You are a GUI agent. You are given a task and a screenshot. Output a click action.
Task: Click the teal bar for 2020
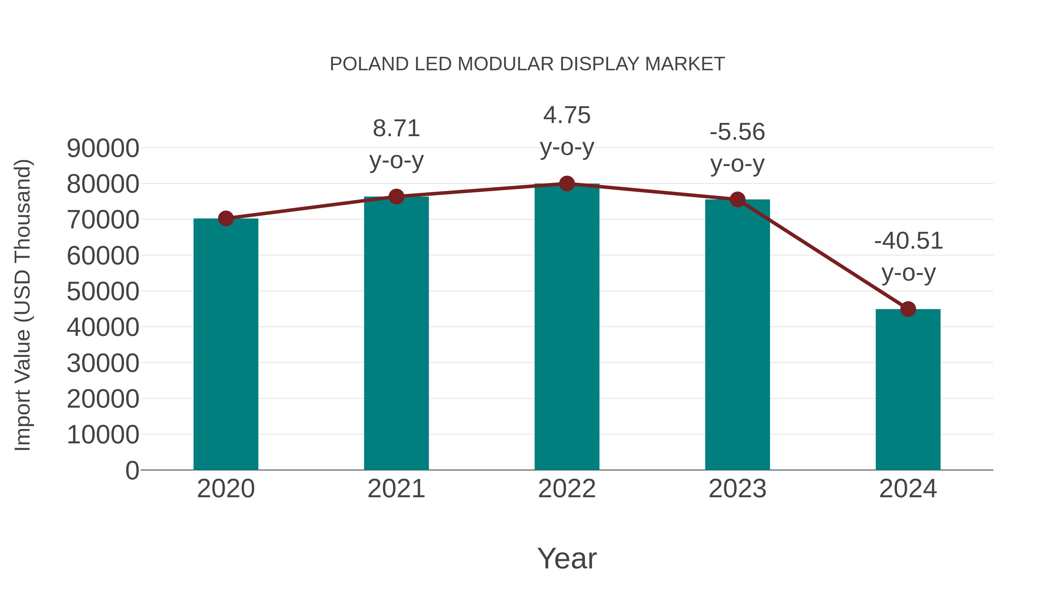[226, 344]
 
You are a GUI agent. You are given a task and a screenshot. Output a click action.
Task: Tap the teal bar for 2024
[908, 389]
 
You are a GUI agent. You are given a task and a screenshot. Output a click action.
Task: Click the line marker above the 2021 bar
[396, 197]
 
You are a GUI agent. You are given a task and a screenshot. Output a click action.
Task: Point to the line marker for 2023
[737, 200]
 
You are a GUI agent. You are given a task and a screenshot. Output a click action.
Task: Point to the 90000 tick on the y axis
[103, 148]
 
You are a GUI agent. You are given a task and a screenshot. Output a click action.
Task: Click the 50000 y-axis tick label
[103, 291]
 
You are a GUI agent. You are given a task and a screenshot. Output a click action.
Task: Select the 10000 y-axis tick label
[103, 435]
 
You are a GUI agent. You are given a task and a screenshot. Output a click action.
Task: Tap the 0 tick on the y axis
[132, 470]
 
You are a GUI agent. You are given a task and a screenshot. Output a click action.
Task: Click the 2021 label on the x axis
[396, 489]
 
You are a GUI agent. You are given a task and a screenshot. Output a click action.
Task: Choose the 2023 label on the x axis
[737, 489]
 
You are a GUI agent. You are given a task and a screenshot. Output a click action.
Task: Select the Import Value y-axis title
[23, 305]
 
